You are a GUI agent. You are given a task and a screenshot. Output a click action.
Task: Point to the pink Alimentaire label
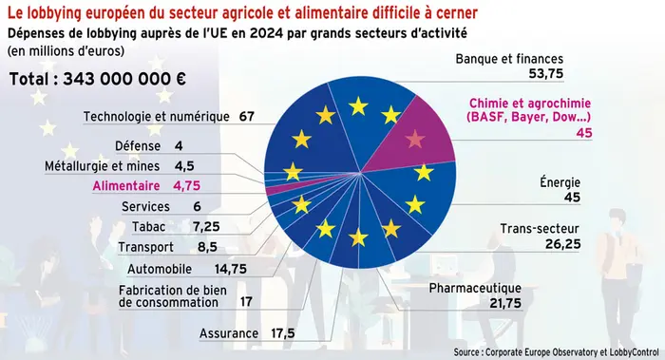click(x=127, y=185)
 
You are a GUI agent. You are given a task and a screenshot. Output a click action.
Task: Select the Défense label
click(x=137, y=146)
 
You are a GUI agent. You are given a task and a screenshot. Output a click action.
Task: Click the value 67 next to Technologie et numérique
click(x=248, y=117)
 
